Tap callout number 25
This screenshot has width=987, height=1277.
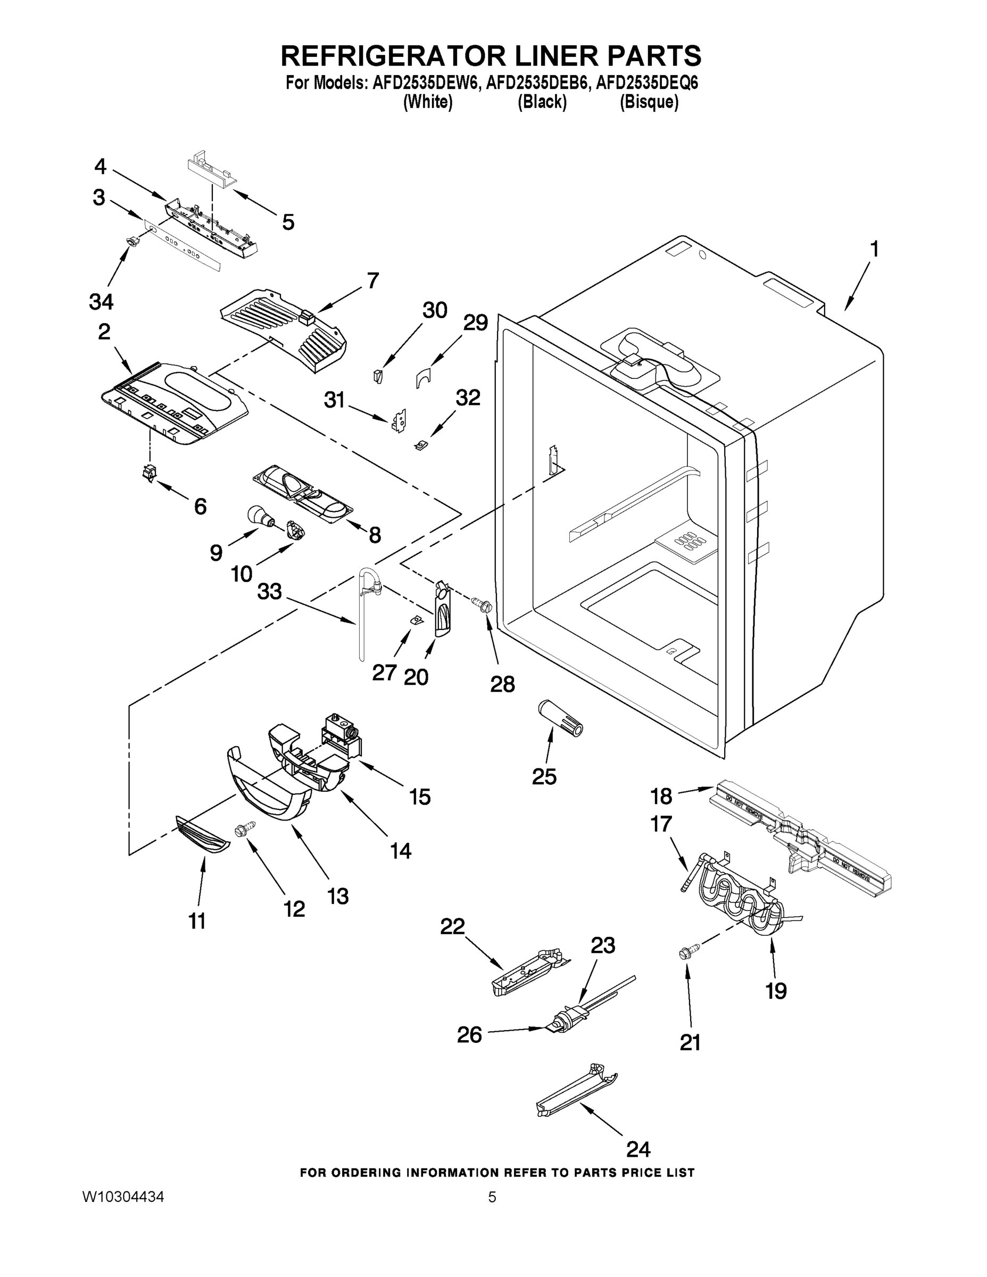[544, 776]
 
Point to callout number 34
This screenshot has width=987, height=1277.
[101, 302]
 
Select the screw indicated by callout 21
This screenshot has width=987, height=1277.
[684, 953]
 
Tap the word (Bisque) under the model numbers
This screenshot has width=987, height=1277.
[649, 102]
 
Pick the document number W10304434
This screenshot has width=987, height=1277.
[123, 1197]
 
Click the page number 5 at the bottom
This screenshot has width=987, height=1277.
[492, 1197]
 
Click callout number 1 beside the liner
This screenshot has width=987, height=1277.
[874, 250]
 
